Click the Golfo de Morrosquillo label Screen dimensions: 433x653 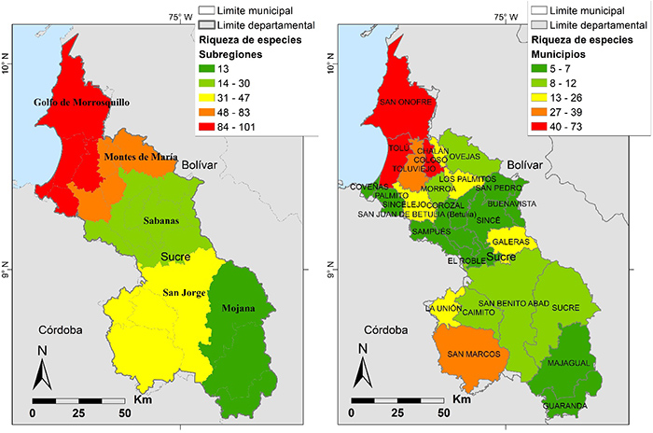[x=80, y=102]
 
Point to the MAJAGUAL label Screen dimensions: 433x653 [x=569, y=361]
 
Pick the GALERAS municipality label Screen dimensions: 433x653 [x=512, y=241]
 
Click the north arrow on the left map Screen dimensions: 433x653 [x=41, y=370]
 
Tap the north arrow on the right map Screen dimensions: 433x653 [x=362, y=370]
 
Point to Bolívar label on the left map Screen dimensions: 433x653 [x=199, y=165]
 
